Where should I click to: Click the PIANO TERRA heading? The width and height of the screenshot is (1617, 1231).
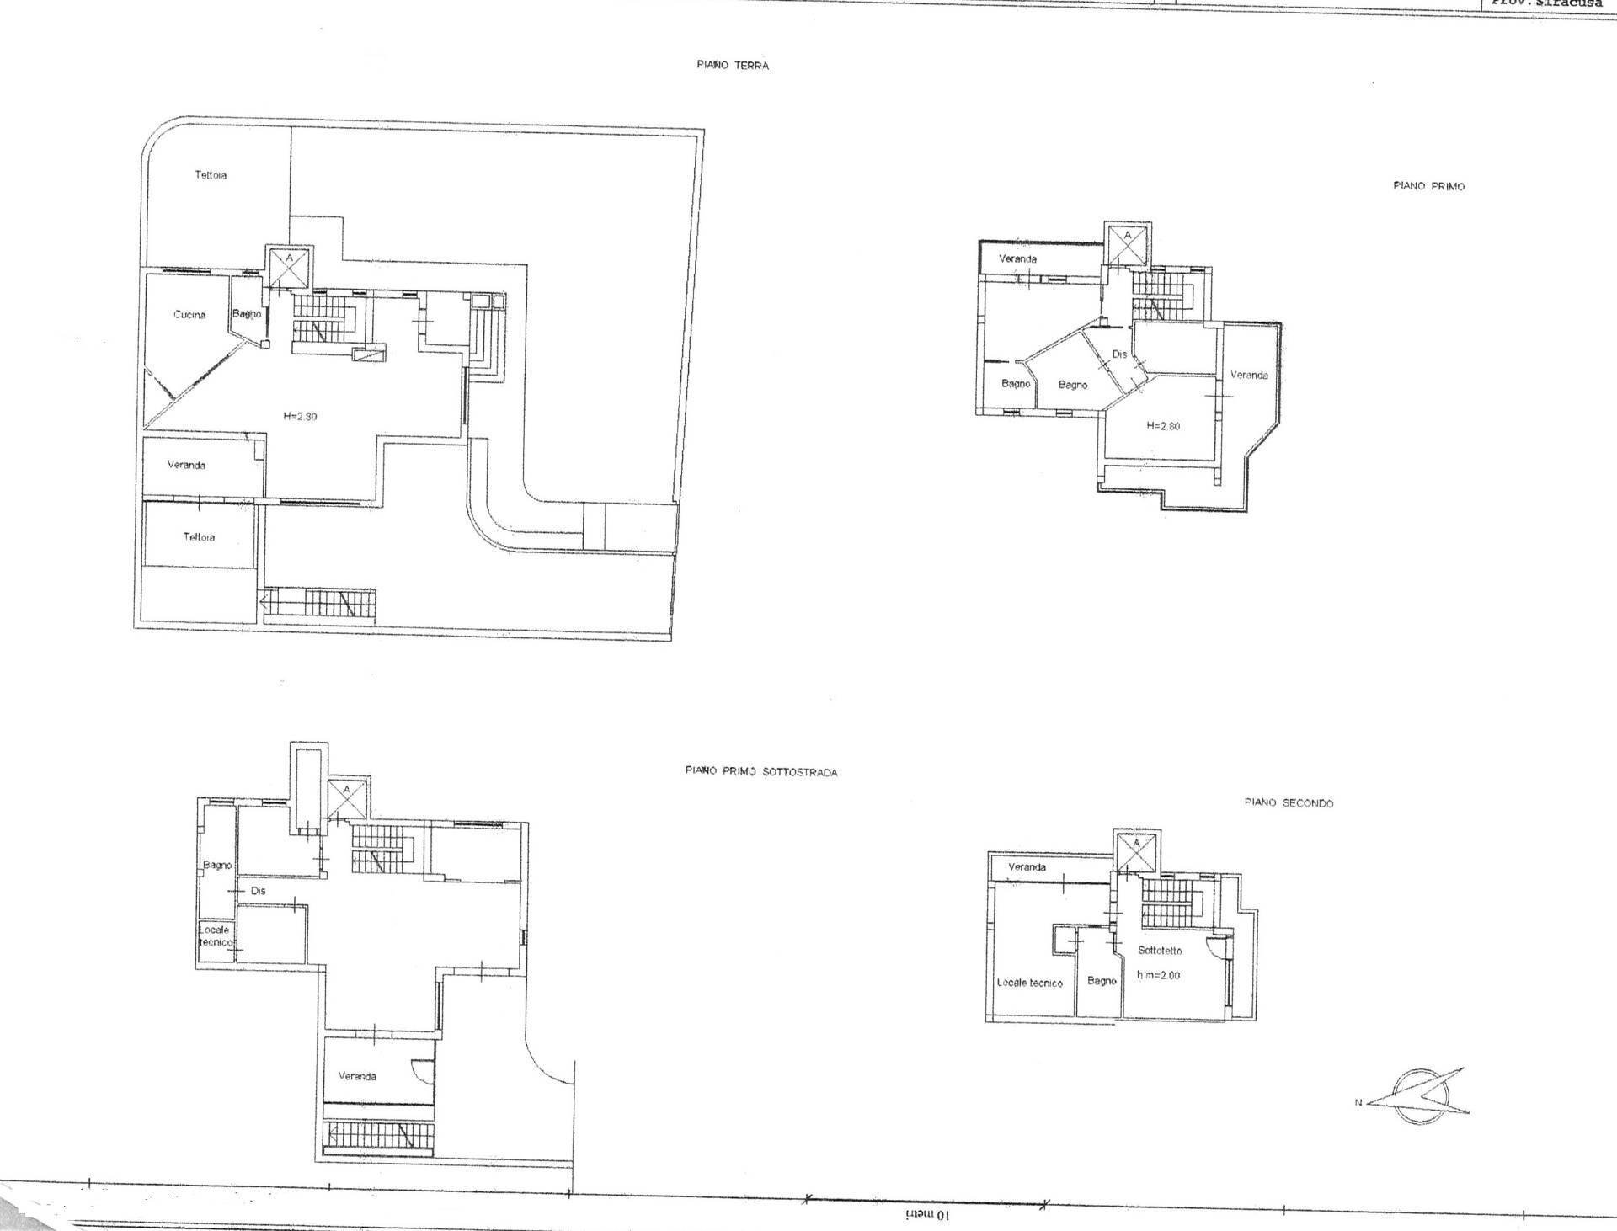coord(732,65)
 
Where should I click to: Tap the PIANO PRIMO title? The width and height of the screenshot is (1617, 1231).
coord(1428,186)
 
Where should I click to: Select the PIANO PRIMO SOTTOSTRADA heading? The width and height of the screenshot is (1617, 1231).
coord(761,771)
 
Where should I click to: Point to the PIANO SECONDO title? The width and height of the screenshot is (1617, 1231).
coord(1289,802)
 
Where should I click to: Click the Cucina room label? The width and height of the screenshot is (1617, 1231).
coord(189,315)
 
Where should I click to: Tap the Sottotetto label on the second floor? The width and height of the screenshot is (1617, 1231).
coord(1160,950)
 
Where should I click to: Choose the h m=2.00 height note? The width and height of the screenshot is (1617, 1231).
coord(1159,975)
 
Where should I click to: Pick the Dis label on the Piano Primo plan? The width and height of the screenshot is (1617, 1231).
coord(1119,354)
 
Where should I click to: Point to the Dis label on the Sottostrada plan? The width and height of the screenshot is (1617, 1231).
coord(258,890)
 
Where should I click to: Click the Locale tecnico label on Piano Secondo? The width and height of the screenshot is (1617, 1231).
coord(1029,983)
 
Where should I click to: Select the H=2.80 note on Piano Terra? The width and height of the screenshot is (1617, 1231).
coord(300,416)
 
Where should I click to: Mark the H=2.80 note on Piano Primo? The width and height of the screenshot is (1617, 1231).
coord(1163,426)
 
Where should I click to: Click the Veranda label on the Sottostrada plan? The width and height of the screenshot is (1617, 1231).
coord(357,1076)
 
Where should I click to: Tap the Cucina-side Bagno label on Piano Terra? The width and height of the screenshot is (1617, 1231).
coord(247,314)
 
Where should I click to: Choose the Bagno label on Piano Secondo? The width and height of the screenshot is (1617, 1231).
coord(1102,981)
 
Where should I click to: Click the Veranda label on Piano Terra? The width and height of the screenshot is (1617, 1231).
coord(186,465)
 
